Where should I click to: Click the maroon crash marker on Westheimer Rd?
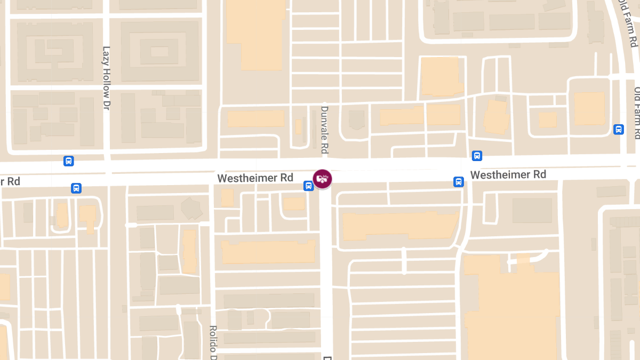pos(322,178)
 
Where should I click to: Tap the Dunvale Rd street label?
pos(324,130)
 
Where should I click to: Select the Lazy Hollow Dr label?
pos(106,78)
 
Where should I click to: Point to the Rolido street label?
pos(213,342)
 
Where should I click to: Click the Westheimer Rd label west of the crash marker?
pos(255,178)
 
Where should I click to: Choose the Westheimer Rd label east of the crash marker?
pos(508,175)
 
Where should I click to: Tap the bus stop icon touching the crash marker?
pos(308,186)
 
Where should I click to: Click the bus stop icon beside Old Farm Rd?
pos(619,129)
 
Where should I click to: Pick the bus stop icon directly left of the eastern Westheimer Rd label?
pos(458,181)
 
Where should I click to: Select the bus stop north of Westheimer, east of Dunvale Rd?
pos(477,156)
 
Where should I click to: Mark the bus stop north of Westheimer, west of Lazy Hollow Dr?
pos(68,161)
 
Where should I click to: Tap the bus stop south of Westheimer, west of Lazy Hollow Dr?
pos(76,188)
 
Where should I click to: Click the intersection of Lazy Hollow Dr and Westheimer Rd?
pos(108,172)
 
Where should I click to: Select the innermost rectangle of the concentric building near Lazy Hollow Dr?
pos(159,52)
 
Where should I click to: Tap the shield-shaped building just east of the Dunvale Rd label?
pos(356,119)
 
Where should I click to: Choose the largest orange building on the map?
pos(512,304)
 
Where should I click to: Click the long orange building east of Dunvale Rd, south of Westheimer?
pos(400,225)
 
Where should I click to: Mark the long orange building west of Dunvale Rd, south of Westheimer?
pos(268,252)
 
